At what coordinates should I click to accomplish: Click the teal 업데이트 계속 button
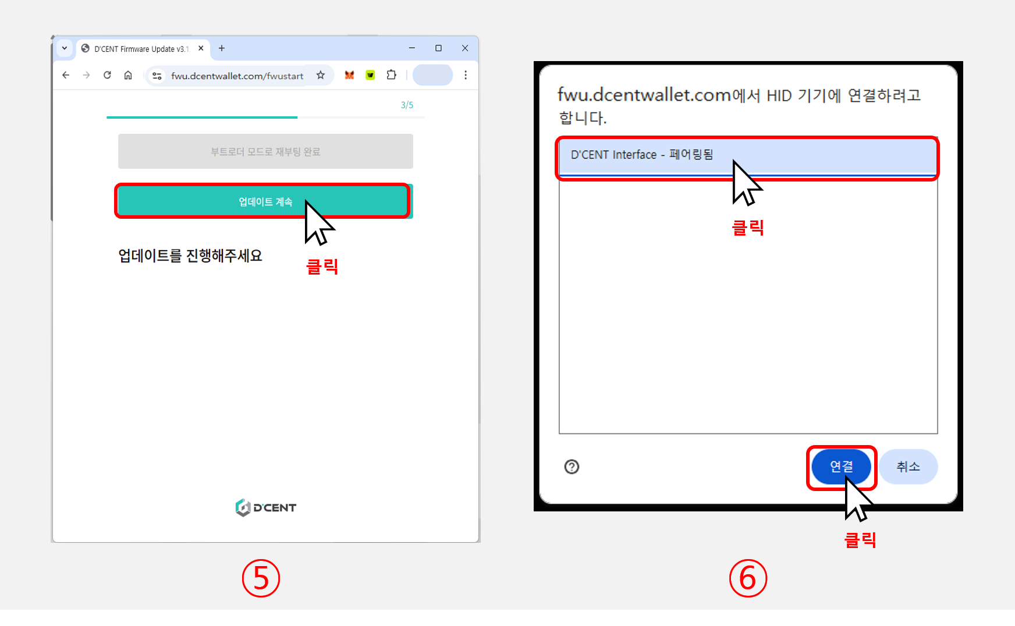tap(265, 201)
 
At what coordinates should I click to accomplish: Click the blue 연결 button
tap(841, 467)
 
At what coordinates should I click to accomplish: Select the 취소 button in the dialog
tap(908, 467)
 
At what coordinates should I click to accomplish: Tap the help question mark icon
tap(572, 467)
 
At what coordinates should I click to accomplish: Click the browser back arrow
tap(66, 75)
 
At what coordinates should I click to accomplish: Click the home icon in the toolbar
tap(128, 75)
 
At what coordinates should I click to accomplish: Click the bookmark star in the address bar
tap(321, 75)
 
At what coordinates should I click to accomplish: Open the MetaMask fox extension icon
tap(349, 75)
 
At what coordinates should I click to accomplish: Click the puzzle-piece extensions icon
tap(391, 75)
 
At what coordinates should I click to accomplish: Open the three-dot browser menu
tap(466, 75)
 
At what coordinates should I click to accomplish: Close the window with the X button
tap(465, 48)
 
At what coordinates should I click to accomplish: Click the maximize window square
tap(438, 48)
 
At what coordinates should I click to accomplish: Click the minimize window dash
tap(412, 48)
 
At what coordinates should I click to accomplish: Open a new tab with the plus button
tap(222, 48)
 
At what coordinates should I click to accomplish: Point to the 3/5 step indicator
tap(407, 105)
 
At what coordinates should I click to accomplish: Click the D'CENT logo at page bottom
tap(266, 507)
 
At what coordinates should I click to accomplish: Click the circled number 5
tap(261, 578)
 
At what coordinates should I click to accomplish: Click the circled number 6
tap(748, 578)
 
